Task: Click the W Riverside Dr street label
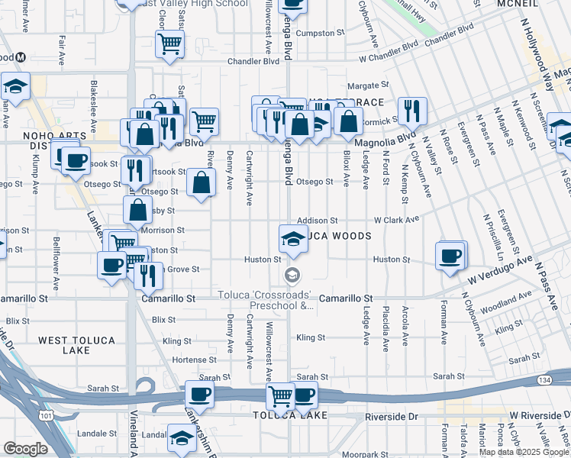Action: click(538, 416)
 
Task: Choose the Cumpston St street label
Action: click(316, 34)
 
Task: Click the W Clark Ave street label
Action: click(396, 220)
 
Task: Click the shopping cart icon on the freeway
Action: click(280, 396)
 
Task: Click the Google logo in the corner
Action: click(25, 449)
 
